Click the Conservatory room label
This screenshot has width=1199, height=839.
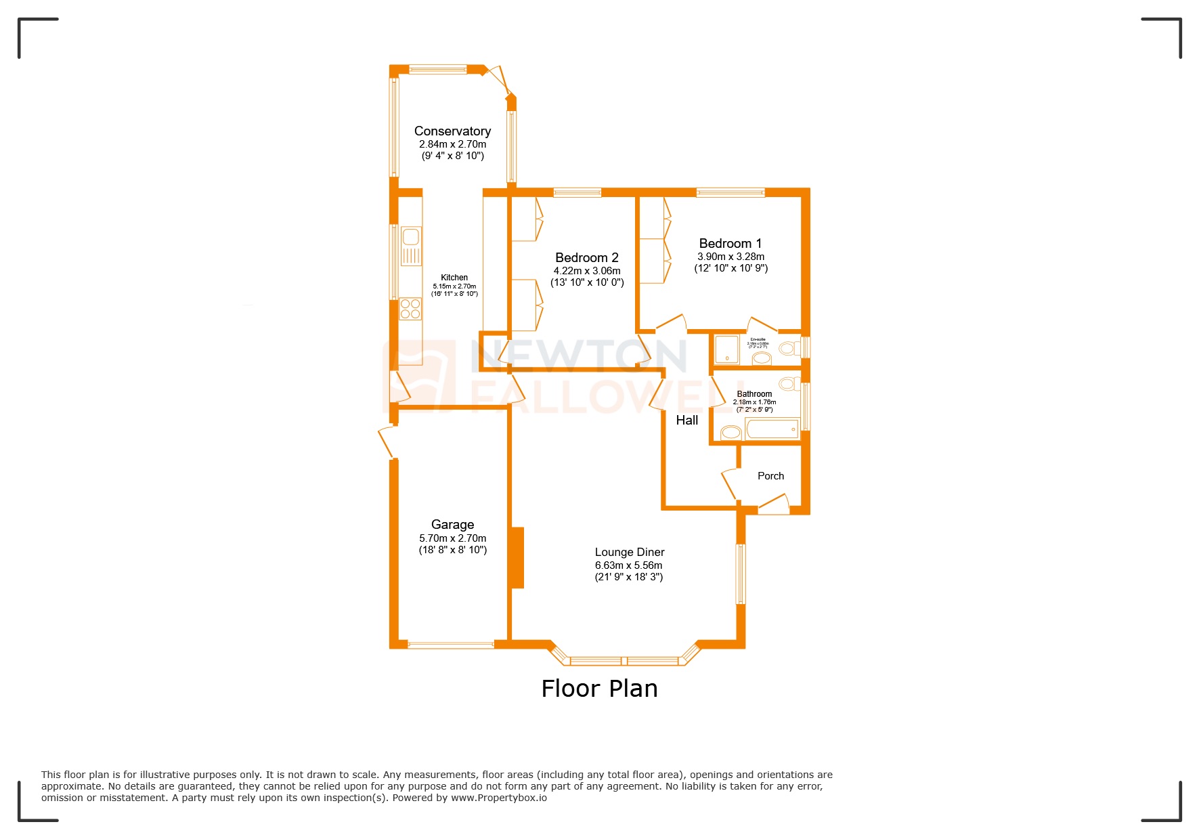pyautogui.click(x=452, y=131)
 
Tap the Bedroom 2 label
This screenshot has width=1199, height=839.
pyautogui.click(x=586, y=258)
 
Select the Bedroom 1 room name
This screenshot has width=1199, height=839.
pyautogui.click(x=730, y=244)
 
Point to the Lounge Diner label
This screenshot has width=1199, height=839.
pyautogui.click(x=629, y=553)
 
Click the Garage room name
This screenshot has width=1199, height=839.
pyautogui.click(x=452, y=525)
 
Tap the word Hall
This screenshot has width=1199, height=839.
pyautogui.click(x=686, y=421)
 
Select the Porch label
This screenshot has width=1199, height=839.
pyautogui.click(x=770, y=476)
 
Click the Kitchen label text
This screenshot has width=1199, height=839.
pyautogui.click(x=454, y=278)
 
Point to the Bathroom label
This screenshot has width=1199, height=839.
pyautogui.click(x=754, y=394)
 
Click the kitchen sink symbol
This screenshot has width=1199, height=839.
pyautogui.click(x=410, y=238)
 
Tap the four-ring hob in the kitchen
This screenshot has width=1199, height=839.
pyautogui.click(x=410, y=309)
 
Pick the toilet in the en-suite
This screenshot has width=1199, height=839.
pyautogui.click(x=788, y=349)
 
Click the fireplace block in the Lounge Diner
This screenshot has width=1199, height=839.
pyautogui.click(x=517, y=557)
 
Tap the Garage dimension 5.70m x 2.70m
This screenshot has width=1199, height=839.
pyautogui.click(x=452, y=538)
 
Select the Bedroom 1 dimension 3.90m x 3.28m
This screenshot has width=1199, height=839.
pyautogui.click(x=731, y=257)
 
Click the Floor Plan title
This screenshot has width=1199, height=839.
pyautogui.click(x=599, y=689)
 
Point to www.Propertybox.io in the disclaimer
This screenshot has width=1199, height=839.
pyautogui.click(x=499, y=798)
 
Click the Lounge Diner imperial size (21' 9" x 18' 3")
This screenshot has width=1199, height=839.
pyautogui.click(x=628, y=577)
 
